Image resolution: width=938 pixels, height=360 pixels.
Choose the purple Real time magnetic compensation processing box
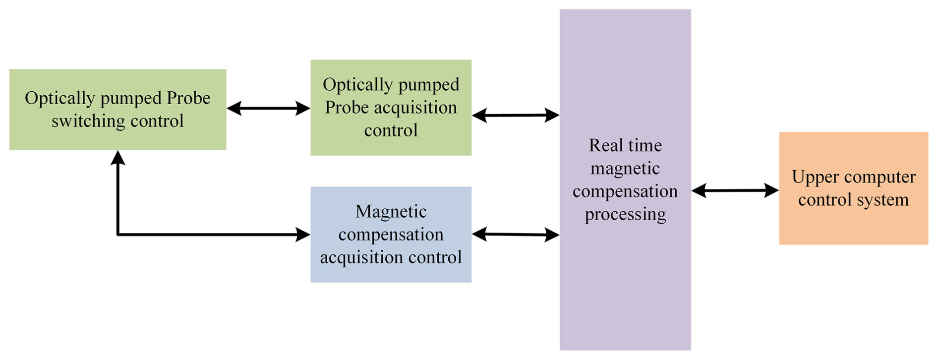[x=625, y=278]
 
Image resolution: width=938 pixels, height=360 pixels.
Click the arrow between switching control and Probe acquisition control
[x=268, y=108]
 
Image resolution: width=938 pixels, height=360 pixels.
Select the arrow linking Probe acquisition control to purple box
[x=516, y=115]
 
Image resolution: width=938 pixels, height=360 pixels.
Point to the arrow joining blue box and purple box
[x=516, y=234]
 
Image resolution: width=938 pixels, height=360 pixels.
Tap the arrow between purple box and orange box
[x=735, y=190]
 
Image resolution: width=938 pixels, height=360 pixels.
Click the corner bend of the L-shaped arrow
[x=118, y=234]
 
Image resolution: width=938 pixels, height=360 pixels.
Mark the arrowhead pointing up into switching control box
[x=118, y=157]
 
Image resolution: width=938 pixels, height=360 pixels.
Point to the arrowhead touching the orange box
[x=771, y=190]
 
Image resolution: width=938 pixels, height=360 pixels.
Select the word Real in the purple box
[x=604, y=145]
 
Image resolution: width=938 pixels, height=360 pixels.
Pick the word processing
[x=625, y=214]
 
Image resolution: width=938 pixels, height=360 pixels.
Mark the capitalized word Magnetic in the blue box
[x=391, y=212]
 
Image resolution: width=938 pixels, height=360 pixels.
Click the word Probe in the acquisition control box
[x=347, y=108]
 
